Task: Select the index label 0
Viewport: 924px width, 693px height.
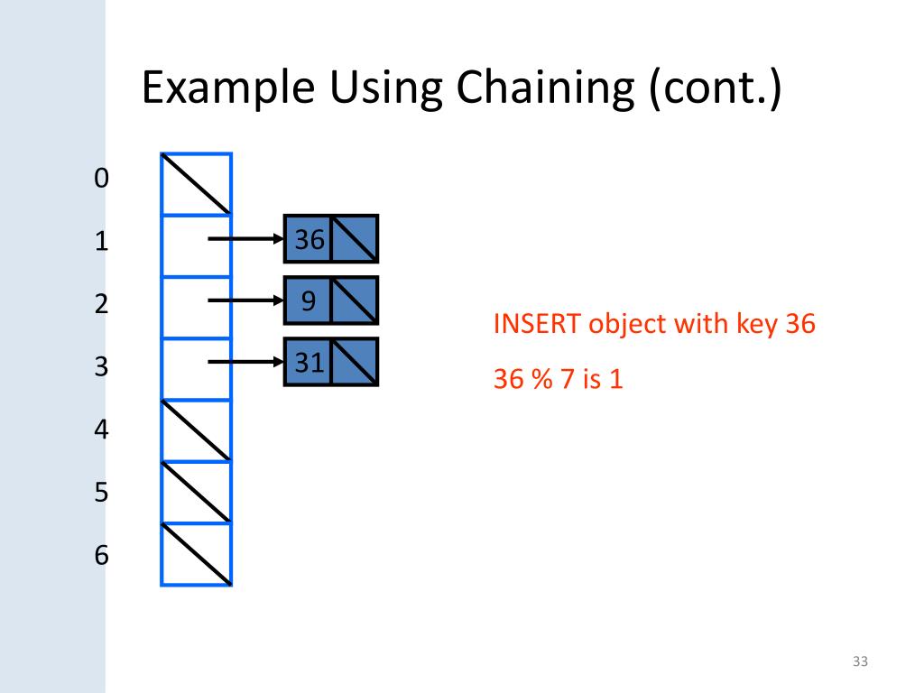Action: (100, 179)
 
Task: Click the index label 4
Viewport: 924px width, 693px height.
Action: (101, 430)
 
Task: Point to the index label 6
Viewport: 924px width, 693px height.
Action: (101, 555)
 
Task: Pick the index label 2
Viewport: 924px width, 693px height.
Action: (100, 304)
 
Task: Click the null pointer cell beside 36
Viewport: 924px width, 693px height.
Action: (355, 240)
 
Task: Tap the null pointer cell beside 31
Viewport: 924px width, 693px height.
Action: (355, 363)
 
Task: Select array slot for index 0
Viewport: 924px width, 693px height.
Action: (197, 184)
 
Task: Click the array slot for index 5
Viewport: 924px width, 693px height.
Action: (197, 493)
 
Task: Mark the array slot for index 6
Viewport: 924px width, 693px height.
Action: (197, 555)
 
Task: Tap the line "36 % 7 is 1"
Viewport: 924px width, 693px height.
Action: (558, 379)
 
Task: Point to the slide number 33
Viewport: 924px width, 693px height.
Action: (859, 663)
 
